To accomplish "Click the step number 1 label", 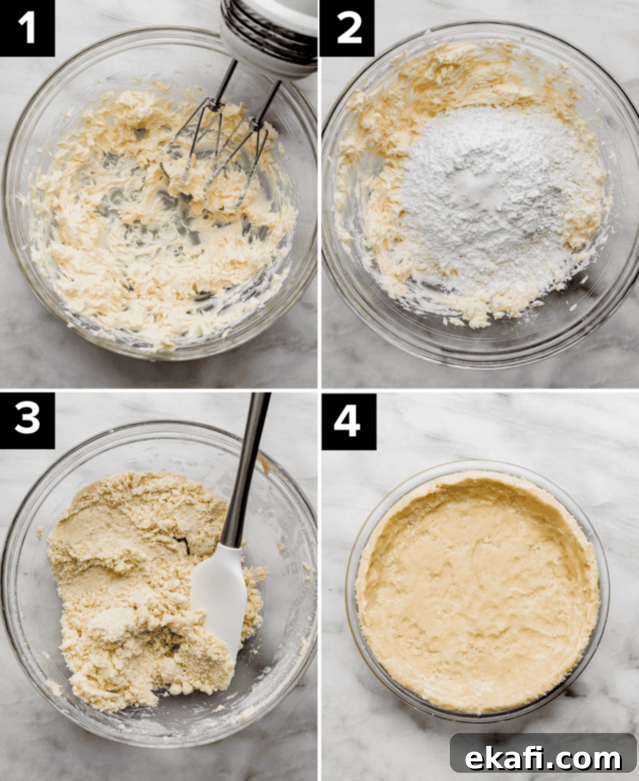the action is (27, 28).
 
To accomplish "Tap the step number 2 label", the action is (347, 28).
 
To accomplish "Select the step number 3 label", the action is (27, 420).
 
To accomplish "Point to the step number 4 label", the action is (348, 421).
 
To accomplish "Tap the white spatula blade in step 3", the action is (220, 598).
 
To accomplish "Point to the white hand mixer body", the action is (268, 35).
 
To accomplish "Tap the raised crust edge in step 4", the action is (478, 481).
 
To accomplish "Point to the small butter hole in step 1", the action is (141, 130).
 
